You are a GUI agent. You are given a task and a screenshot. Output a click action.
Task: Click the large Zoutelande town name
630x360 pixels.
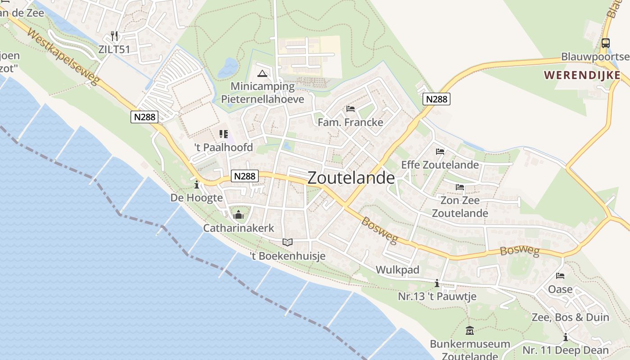click(351, 178)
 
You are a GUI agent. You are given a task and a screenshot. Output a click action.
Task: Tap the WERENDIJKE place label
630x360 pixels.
click(582, 75)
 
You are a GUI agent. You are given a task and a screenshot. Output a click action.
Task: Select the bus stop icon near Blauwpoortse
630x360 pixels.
click(606, 43)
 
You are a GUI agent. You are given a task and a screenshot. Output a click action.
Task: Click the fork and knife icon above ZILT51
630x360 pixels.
click(114, 36)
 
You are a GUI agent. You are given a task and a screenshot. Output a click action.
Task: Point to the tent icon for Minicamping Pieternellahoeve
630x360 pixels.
click(262, 74)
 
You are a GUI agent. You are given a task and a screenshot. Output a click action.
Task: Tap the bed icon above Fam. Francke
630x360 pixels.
click(351, 109)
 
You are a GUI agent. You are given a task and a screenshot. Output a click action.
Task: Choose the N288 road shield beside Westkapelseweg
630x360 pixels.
click(145, 117)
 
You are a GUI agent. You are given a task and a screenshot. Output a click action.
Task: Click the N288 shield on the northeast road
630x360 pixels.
click(436, 99)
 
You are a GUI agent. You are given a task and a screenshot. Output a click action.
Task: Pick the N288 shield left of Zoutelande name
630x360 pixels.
click(245, 176)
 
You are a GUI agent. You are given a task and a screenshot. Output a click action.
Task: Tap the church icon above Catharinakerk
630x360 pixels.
click(238, 215)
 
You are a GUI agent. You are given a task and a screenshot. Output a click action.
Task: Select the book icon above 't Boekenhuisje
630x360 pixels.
click(288, 242)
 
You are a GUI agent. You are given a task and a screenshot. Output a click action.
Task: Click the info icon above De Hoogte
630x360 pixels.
click(196, 184)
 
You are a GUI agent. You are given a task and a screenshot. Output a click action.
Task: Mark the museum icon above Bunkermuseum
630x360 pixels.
click(470, 331)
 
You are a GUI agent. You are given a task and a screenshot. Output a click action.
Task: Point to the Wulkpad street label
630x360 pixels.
click(397, 270)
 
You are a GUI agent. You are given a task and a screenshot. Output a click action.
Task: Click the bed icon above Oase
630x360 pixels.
click(560, 275)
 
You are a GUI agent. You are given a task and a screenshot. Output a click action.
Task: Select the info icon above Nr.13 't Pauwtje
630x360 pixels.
click(436, 283)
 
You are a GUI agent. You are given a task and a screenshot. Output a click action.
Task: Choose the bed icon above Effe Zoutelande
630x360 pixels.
click(440, 152)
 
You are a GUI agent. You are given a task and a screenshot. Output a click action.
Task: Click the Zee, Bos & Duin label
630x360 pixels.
click(570, 317)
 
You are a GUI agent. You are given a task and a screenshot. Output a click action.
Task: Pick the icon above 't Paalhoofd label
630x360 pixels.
click(224, 134)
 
